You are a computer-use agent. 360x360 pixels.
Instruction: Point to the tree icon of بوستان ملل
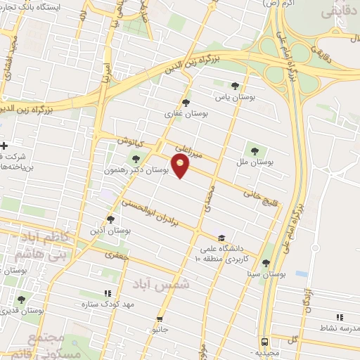pyautogui.click(x=254, y=149)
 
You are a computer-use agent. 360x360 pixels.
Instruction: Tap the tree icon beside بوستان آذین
pyautogui.click(x=110, y=219)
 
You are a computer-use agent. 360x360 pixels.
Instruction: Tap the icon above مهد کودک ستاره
pyautogui.click(x=108, y=293)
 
